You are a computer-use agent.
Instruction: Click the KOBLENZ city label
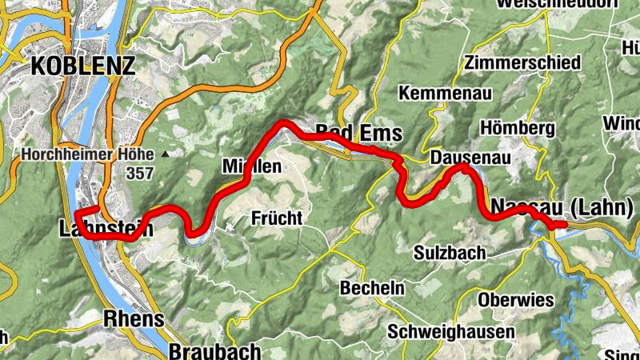click(x=82, y=66)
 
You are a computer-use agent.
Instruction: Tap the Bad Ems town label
click(x=356, y=131)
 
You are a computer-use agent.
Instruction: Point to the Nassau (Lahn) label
click(x=561, y=206)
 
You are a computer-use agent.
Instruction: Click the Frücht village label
click(x=277, y=217)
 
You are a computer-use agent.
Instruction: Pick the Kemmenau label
click(x=441, y=93)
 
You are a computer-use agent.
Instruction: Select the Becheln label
click(x=373, y=287)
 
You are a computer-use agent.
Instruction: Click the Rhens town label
click(x=134, y=318)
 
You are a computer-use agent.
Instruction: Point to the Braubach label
click(x=215, y=350)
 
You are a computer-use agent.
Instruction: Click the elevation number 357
click(x=139, y=172)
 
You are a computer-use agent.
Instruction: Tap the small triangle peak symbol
click(x=166, y=154)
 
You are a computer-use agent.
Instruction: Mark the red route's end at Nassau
click(x=564, y=225)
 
